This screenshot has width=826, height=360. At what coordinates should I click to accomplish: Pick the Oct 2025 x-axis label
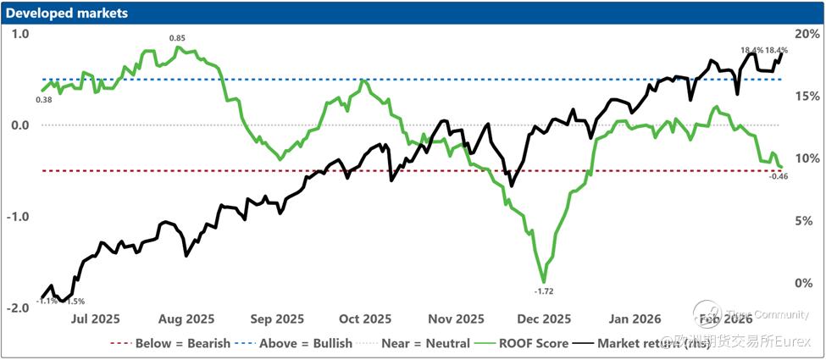pos(365,319)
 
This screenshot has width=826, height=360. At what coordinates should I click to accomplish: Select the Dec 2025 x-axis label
pos(545,319)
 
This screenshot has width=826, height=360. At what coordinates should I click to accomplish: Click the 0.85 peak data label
pos(177,38)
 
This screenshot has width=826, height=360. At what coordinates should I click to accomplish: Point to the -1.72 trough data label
pos(544,291)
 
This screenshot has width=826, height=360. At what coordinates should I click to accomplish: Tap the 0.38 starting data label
pos(44,100)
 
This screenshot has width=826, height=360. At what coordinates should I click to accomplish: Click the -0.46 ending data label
pos(779,176)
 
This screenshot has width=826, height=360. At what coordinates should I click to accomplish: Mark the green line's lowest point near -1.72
pos(544,281)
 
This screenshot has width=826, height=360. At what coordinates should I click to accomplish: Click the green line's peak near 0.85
pos(178,47)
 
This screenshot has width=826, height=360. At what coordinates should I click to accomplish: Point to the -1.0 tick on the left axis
pos(19,217)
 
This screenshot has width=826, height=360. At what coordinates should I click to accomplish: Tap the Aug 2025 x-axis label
pos(186,319)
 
